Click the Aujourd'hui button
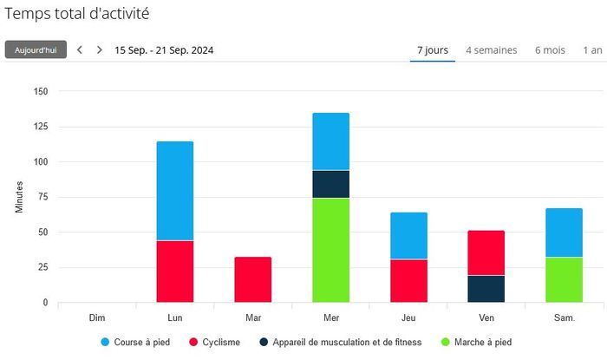point(36,49)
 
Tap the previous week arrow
point(80,49)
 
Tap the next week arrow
point(100,49)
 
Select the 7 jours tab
point(433,50)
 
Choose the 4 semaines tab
point(492,50)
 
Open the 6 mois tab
point(550,50)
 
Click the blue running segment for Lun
point(175,191)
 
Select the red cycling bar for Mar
point(253,279)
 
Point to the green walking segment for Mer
point(331,250)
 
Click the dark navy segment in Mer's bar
point(331,184)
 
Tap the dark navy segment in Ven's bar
point(486,289)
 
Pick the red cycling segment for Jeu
point(408,281)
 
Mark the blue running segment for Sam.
point(564,232)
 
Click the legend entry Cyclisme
point(215,342)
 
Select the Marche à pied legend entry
point(477,342)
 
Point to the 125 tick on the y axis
point(41,126)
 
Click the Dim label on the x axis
point(97,317)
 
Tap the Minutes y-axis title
point(19,197)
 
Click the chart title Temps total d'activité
point(76,14)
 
